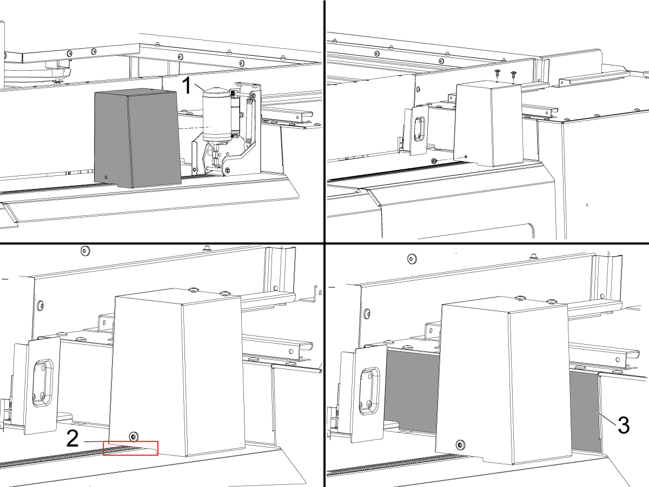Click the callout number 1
tap(187, 85)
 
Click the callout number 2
tap(72, 438)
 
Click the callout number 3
tap(624, 425)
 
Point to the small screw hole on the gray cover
tap(107, 177)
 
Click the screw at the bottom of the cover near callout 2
tap(134, 436)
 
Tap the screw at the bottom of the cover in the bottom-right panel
tap(460, 445)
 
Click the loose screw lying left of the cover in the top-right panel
tap(434, 161)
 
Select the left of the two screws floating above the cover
tap(498, 73)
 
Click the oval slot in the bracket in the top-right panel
tap(420, 129)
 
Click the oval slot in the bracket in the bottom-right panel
tap(369, 391)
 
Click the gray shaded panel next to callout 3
tap(585, 411)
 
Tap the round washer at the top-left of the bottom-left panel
tap(85, 251)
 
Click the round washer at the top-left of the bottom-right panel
tap(412, 259)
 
